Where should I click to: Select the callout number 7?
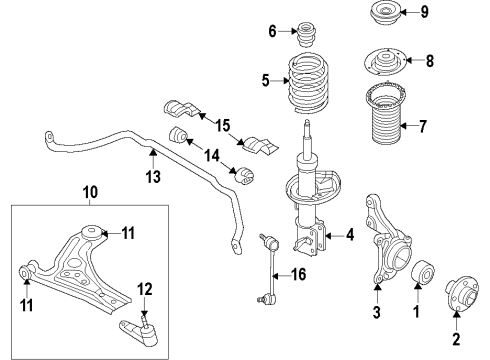451,126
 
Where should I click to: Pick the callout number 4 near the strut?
350,236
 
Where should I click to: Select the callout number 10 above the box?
89,190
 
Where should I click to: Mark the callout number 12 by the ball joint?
146,290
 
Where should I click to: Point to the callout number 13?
153,177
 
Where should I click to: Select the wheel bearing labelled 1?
419,278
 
